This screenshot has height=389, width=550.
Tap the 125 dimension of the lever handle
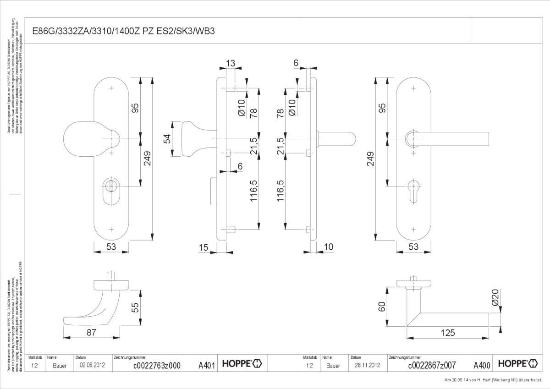point(448,333)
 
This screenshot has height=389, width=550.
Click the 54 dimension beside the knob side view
point(167,139)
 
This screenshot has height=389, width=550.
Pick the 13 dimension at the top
point(231,63)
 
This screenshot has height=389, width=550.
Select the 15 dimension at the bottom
point(204,247)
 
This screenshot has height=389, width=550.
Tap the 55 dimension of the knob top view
point(134,307)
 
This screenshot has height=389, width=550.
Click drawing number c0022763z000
point(156,366)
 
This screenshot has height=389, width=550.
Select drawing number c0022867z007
point(432,366)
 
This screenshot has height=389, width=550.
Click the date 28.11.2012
point(368,366)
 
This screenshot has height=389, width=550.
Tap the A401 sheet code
point(207,365)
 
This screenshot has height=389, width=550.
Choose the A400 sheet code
point(482,365)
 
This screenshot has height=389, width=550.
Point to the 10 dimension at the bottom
point(328,247)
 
